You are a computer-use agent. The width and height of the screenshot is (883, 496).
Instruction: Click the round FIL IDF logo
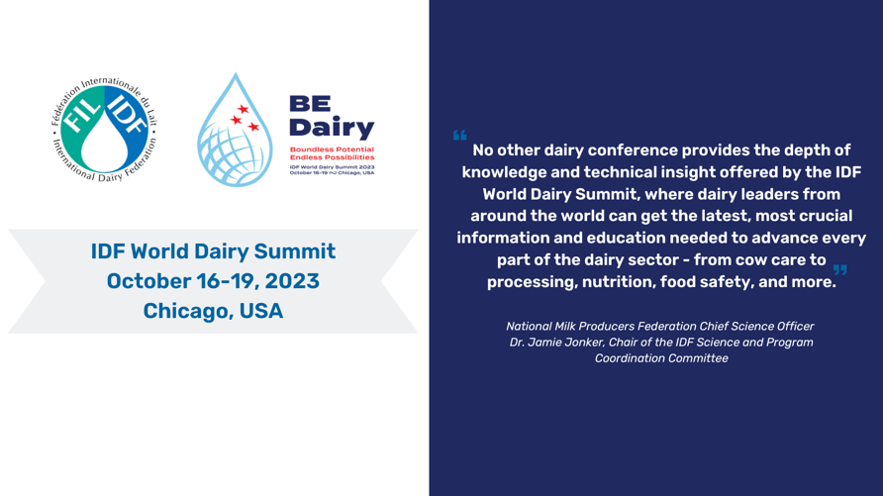click(x=104, y=130)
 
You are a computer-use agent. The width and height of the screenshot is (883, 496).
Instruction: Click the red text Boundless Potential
click(x=332, y=149)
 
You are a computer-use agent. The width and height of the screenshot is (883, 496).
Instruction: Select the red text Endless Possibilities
click(x=332, y=157)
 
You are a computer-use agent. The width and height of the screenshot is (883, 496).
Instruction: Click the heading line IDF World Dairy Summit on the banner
click(x=214, y=251)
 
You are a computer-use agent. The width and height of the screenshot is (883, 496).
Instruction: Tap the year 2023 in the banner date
click(x=292, y=281)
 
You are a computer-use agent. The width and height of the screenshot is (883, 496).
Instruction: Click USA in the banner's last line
click(x=260, y=311)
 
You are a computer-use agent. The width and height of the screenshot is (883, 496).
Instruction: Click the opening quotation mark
click(x=459, y=135)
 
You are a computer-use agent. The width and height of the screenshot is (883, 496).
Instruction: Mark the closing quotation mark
click(x=839, y=269)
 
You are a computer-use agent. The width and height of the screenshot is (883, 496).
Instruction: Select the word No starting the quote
click(x=483, y=150)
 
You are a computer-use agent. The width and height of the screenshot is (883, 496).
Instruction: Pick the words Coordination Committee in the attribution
click(x=661, y=358)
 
